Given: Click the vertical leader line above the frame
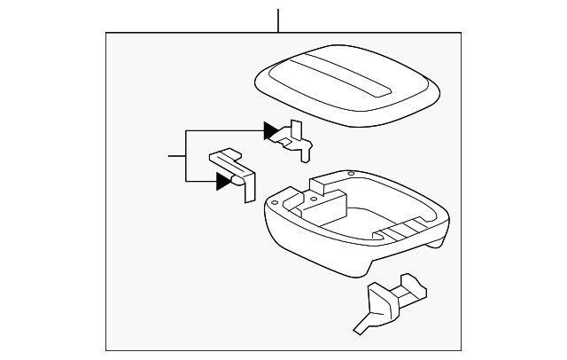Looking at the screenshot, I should click(278, 20).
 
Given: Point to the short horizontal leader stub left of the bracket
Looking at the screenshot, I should click(176, 156).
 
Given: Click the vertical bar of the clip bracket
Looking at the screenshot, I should click(185, 156).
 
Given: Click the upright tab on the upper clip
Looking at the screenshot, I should click(297, 128).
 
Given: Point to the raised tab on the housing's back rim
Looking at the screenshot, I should click(321, 184).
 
